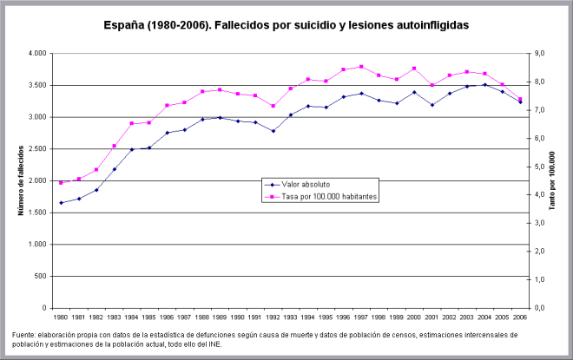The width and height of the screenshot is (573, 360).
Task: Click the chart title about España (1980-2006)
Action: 286,26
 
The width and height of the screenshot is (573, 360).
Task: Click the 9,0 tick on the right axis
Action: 538,54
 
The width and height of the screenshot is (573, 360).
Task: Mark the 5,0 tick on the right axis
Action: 538,167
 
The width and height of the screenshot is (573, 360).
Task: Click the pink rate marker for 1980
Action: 61,183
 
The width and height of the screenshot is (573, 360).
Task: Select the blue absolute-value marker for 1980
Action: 61,203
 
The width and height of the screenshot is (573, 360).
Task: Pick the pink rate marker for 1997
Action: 361,67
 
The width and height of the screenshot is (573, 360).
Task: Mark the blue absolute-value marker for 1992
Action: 273,131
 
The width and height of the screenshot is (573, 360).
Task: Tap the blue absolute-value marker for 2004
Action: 485,85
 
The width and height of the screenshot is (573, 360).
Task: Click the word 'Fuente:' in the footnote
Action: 25,335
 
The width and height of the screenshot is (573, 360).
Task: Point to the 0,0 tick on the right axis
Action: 538,308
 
